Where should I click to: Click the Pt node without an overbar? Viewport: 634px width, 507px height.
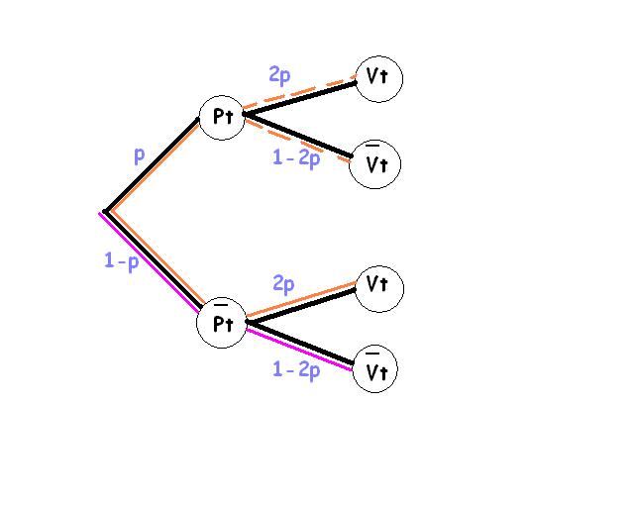(221, 117)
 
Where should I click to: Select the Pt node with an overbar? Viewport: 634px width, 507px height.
(221, 325)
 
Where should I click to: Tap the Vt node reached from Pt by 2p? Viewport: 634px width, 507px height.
(378, 78)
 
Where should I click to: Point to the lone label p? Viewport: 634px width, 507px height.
(140, 155)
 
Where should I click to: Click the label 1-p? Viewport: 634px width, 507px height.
(121, 261)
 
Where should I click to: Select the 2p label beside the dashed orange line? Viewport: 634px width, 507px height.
(279, 75)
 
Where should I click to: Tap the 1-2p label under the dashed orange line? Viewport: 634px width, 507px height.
(296, 157)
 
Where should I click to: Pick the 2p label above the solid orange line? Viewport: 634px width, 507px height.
(283, 284)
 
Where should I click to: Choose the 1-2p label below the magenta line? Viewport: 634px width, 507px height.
(296, 370)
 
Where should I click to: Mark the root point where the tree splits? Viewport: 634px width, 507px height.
(104, 212)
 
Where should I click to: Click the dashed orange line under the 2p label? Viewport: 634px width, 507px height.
(298, 92)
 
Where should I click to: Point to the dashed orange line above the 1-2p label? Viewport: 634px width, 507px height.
(297, 142)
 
